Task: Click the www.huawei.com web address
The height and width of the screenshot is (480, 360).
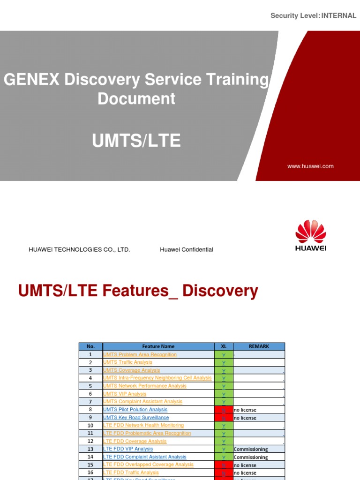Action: coord(311,166)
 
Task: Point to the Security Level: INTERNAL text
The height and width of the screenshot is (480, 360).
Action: coord(313,16)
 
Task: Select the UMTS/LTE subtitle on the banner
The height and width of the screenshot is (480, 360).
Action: coord(136,141)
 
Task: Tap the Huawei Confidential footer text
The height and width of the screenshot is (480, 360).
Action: coord(187,250)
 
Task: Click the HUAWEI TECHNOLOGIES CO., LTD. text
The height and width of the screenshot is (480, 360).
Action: coord(79,250)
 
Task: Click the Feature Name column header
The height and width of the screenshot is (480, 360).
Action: coord(158,346)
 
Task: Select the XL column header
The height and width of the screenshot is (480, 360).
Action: coord(224,346)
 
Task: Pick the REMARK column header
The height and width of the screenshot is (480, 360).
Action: coord(259,346)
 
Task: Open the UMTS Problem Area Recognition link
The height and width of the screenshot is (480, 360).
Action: coord(140,355)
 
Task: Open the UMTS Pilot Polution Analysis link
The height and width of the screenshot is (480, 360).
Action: coord(135,410)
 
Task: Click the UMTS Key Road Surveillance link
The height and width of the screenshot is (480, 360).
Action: coord(136,418)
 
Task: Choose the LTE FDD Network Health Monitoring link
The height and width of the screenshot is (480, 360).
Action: coord(143,426)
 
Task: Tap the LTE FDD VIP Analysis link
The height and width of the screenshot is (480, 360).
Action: coord(128,449)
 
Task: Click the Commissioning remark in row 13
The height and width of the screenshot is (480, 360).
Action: coord(251,449)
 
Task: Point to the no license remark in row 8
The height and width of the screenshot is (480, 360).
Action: coord(245,410)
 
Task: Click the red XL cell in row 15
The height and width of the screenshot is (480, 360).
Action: coord(224,465)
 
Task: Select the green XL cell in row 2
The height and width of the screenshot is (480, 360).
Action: coord(224,363)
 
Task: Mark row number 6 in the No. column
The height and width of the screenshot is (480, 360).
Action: coord(90,394)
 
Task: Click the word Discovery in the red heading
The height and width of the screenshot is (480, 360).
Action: coord(220,291)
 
